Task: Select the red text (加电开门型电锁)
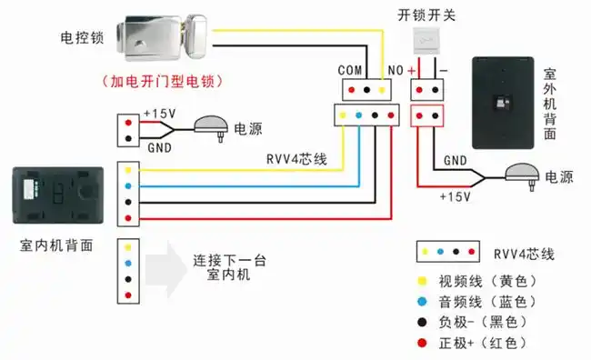click(x=165, y=81)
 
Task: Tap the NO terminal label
click(x=396, y=69)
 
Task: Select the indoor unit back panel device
click(x=52, y=197)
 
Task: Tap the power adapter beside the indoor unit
click(x=212, y=127)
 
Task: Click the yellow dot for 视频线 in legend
click(x=422, y=280)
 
